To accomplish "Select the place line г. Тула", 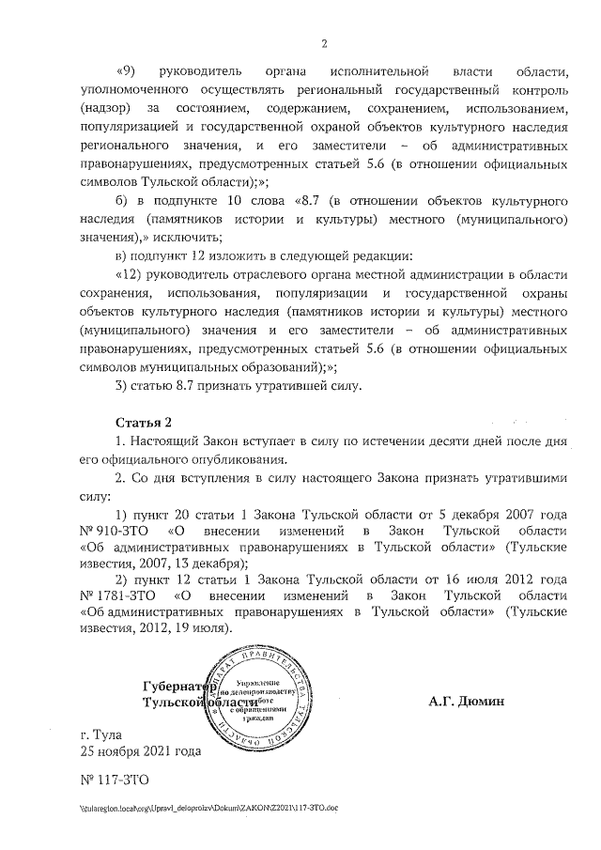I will pos(101,734).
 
